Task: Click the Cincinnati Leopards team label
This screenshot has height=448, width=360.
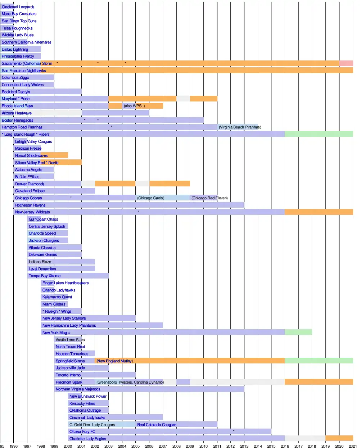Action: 18,7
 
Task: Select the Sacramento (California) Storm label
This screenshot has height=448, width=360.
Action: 27,63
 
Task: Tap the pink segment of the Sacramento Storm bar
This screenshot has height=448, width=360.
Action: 346,63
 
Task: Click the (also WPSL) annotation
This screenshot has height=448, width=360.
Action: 134,106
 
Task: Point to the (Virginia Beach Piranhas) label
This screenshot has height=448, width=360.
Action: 240,127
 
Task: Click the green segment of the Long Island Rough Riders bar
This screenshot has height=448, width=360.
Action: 319,134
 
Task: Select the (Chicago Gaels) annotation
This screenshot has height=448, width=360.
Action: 150,198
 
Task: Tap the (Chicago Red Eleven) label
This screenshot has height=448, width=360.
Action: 210,198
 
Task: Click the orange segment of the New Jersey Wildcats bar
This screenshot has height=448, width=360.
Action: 319,212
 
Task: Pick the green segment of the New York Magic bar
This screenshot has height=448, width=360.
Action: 298,332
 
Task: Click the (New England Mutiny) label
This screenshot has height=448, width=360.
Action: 114,361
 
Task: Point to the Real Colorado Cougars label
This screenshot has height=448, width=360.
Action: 157,425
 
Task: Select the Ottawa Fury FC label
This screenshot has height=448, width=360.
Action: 82,431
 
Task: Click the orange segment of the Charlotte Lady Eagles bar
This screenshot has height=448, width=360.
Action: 339,439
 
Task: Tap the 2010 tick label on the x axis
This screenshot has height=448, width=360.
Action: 203,446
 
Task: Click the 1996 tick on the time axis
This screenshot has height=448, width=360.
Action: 14,446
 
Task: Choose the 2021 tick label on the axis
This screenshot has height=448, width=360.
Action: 352,446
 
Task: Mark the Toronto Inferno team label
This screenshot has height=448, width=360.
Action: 68,375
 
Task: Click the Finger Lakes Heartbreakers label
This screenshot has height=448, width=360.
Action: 66,283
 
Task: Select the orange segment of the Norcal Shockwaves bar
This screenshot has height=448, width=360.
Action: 58,155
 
